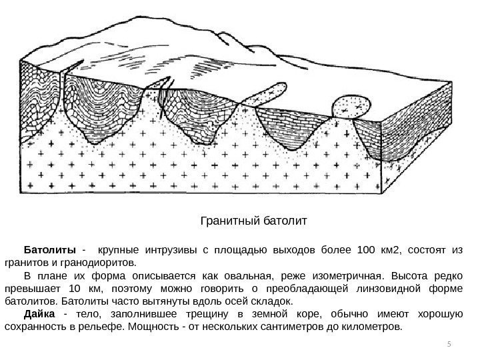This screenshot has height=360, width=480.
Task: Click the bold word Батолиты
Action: (50, 251)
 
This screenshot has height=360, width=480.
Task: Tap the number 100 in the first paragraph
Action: (367, 251)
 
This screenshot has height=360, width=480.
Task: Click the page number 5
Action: (449, 344)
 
